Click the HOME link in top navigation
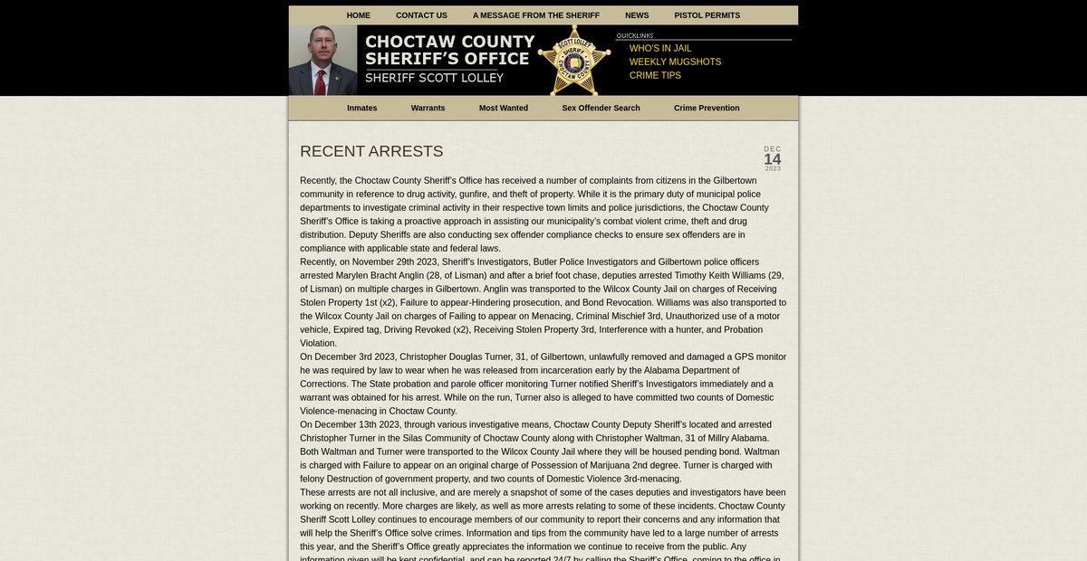[x=358, y=15]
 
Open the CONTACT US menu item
[x=421, y=15]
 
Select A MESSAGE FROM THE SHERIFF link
[x=535, y=15]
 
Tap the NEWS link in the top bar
[x=637, y=15]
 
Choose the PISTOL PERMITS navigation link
[x=707, y=15]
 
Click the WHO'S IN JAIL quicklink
[x=659, y=48]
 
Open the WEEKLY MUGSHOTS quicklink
[x=675, y=62]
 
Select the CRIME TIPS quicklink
[x=655, y=75]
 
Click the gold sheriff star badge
[x=573, y=61]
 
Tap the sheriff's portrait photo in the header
[x=322, y=61]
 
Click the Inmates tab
[x=361, y=108]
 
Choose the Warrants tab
[x=428, y=108]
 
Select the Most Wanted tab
[x=503, y=108]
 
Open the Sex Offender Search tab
[x=601, y=108]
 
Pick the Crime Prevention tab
[x=707, y=108]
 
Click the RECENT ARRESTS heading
[x=371, y=151]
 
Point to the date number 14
[x=772, y=159]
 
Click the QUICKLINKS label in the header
[x=635, y=36]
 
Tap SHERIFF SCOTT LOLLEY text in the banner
[x=434, y=78]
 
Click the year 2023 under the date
[x=772, y=168]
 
